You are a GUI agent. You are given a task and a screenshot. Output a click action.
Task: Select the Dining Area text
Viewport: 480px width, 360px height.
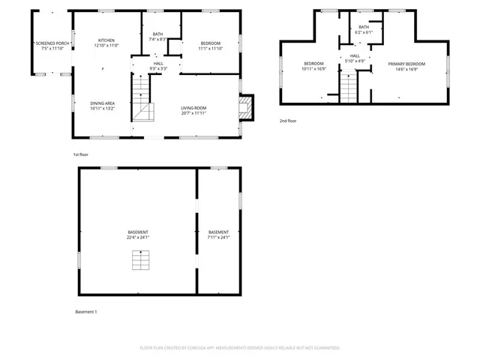(x=102, y=105)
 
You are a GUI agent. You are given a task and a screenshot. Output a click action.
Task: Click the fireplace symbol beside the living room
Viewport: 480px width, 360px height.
(x=245, y=106)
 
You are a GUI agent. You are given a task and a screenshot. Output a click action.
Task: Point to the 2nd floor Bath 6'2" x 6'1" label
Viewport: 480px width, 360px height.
(x=364, y=29)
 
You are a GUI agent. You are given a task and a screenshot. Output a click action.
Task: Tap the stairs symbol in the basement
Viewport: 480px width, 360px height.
(x=139, y=260)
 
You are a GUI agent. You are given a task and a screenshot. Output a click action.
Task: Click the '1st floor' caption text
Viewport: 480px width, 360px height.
(x=81, y=154)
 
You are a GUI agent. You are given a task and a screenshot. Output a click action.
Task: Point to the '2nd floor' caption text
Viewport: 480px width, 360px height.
(x=288, y=121)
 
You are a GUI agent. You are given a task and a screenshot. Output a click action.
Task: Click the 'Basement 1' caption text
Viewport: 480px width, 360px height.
(x=86, y=311)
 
